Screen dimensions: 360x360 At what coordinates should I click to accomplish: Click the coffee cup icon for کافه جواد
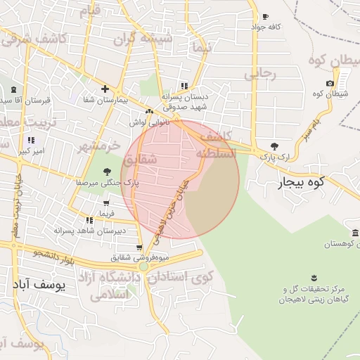[x=265, y=17]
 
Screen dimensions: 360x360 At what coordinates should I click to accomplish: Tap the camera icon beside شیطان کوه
[x=330, y=84]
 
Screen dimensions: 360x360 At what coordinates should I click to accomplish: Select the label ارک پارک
[x=275, y=157]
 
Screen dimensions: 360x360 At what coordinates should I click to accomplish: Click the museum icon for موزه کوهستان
[x=356, y=233]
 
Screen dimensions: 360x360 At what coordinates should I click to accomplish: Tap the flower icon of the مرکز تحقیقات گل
[x=314, y=277]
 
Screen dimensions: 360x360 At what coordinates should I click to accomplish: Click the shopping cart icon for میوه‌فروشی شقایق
[x=139, y=247]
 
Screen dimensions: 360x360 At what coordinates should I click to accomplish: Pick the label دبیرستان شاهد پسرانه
[x=102, y=230]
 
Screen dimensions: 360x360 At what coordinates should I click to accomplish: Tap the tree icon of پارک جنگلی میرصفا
[x=106, y=172]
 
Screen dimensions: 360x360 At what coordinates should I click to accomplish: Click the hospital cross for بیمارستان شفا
[x=105, y=89]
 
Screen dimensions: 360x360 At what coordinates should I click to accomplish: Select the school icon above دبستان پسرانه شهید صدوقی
[x=184, y=86]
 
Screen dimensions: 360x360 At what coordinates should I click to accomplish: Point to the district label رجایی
[x=261, y=72]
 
